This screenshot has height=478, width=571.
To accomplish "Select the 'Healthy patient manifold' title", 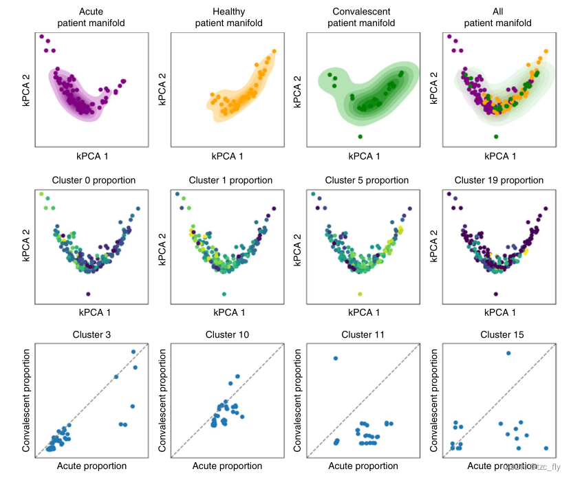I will click(228, 17).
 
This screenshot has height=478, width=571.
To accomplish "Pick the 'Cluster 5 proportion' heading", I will click(364, 180).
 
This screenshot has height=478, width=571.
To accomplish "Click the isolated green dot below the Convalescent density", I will click(360, 136).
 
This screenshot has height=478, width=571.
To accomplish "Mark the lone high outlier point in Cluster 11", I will click(336, 358).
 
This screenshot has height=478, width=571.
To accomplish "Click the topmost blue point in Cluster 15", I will click(508, 354).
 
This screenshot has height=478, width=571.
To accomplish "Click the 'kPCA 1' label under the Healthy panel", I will click(228, 156).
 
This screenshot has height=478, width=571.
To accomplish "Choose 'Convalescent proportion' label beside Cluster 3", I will click(27, 401).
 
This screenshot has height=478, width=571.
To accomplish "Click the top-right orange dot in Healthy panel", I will click(275, 51).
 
